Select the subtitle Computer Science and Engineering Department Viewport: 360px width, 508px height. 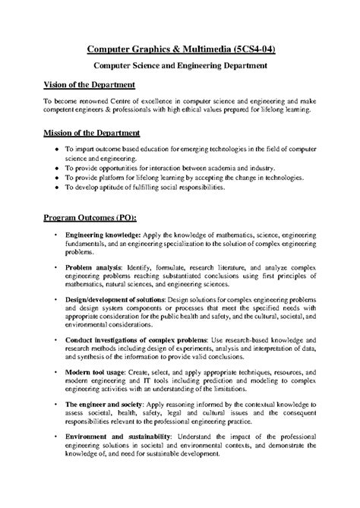coord(179,67)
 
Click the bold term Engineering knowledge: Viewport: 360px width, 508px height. coord(99,237)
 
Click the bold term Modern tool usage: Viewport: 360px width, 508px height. coord(96,374)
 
